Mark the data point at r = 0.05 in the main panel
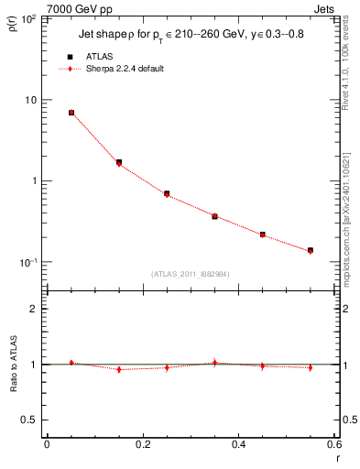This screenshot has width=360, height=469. [71, 113]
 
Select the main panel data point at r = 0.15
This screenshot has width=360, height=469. [119, 163]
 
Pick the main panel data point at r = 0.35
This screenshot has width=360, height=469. [214, 216]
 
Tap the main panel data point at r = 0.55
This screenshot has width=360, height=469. [311, 250]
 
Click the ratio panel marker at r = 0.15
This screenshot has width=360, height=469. [119, 369]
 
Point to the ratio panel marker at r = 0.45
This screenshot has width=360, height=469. [263, 365]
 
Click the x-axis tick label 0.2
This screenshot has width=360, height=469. [143, 444]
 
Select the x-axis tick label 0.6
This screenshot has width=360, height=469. [334, 444]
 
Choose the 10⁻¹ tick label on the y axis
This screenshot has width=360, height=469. [27, 262]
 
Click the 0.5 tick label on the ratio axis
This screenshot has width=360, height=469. [29, 420]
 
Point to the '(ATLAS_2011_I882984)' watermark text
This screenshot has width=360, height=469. [190, 274]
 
